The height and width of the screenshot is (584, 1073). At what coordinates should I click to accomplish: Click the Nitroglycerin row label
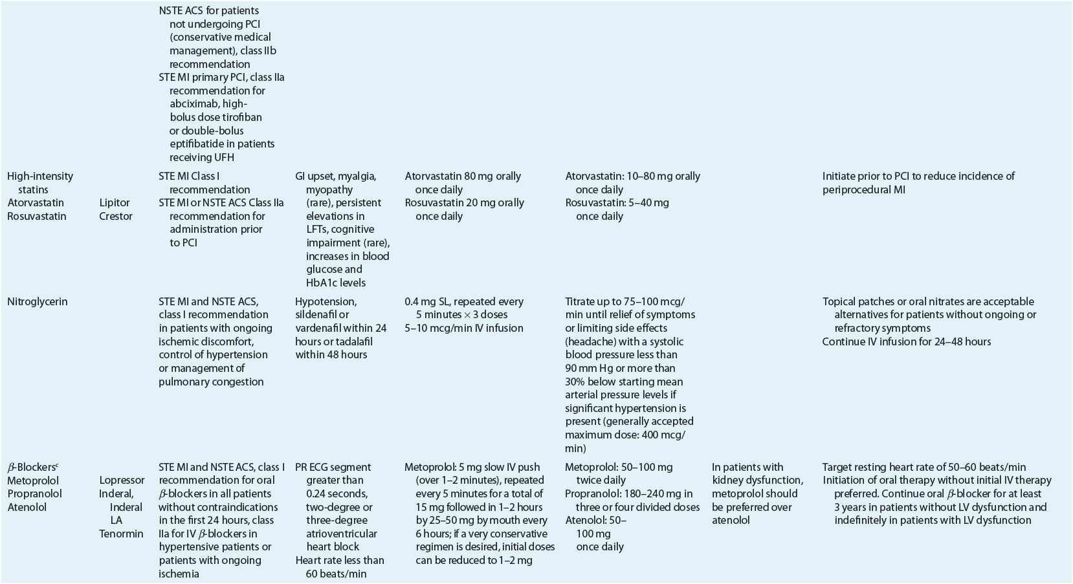point(38,301)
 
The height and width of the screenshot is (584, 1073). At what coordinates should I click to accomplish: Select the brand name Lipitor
point(115,202)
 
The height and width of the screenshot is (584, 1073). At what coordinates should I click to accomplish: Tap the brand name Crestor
point(116,216)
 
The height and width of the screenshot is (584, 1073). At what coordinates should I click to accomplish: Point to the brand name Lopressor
point(122,480)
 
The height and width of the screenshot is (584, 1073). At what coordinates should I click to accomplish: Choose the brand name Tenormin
point(121,534)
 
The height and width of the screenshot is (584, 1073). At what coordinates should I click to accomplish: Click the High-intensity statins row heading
point(40,182)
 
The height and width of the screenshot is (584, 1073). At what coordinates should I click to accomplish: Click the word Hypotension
point(326,301)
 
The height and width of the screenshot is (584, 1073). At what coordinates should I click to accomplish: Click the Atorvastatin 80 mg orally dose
point(463,176)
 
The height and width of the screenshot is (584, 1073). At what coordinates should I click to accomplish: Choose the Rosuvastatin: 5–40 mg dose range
point(617,202)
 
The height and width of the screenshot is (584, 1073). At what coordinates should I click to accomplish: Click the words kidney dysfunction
point(757,480)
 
